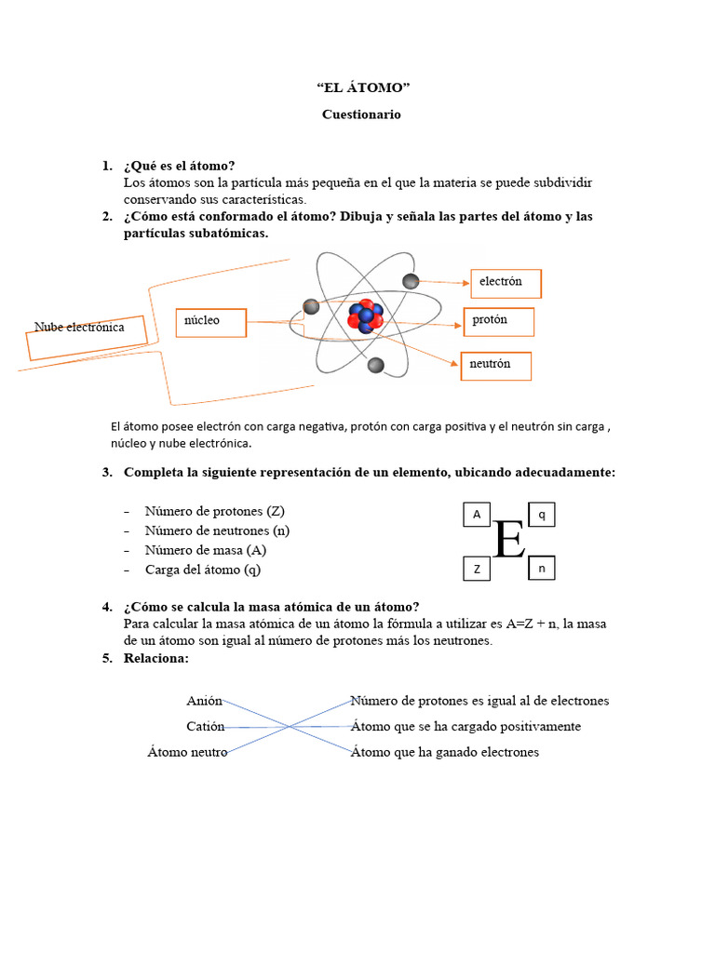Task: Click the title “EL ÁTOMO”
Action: click(x=362, y=88)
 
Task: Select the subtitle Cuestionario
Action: click(x=361, y=114)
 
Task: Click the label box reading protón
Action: click(x=499, y=321)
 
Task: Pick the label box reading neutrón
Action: click(x=496, y=366)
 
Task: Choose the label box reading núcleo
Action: click(x=210, y=321)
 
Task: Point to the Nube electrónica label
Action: click(x=79, y=329)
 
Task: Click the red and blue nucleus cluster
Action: click(x=365, y=315)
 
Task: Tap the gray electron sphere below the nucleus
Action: click(x=376, y=366)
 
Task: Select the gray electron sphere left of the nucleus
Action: click(x=311, y=307)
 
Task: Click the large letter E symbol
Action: click(x=509, y=540)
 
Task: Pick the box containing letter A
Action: click(x=477, y=515)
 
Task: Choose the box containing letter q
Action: click(x=542, y=514)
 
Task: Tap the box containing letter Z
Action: click(x=477, y=569)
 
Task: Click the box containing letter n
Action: click(x=542, y=568)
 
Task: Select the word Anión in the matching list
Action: click(x=204, y=701)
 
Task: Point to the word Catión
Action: click(x=205, y=726)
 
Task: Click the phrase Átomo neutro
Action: click(x=187, y=752)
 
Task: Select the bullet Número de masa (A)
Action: click(x=206, y=550)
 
